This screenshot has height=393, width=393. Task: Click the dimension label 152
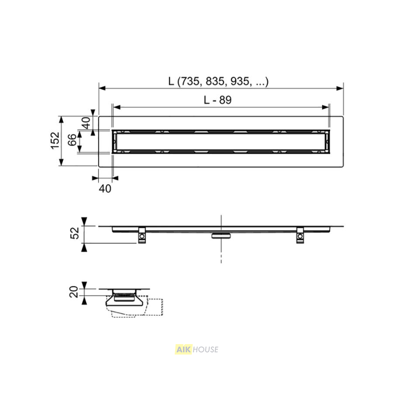pyautogui.click(x=55, y=141)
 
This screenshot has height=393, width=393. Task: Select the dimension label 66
pyautogui.click(x=72, y=140)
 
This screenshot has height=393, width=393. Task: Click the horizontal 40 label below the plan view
pyautogui.click(x=105, y=189)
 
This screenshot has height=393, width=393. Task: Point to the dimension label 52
pyautogui.click(x=75, y=233)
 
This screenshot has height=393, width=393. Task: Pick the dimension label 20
pyautogui.click(x=74, y=292)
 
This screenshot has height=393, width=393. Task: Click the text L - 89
pyautogui.click(x=217, y=100)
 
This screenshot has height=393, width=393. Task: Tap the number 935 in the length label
pyautogui.click(x=239, y=81)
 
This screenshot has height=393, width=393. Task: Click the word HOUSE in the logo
pyautogui.click(x=206, y=349)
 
